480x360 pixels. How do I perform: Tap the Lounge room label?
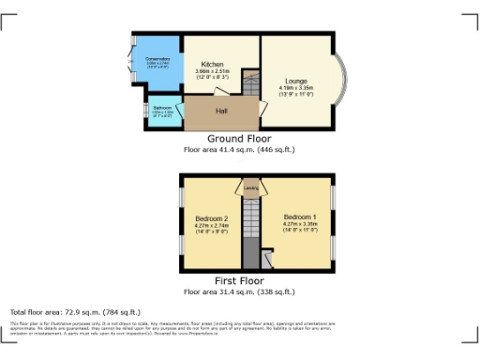click(296, 82)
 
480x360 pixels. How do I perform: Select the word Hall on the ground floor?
click(221, 112)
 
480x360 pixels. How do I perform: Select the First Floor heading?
click(239, 280)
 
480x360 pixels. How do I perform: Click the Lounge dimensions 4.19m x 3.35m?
click(296, 89)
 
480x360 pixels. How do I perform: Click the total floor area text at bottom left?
click(75, 311)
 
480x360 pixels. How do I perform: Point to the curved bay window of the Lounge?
click(341, 82)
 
